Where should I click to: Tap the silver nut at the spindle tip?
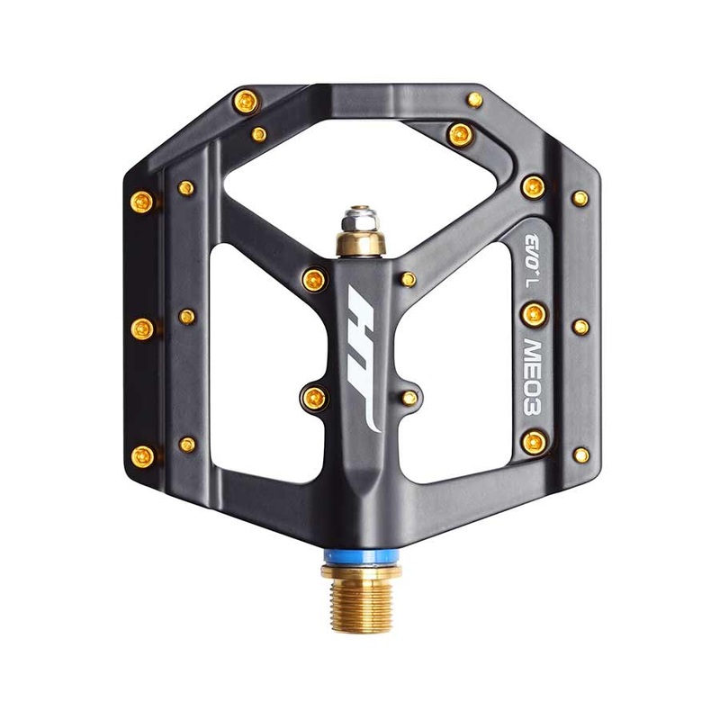359,219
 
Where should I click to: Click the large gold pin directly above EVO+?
533,186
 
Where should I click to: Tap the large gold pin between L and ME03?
534,312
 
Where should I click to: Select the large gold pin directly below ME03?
534,440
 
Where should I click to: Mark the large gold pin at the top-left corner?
245,102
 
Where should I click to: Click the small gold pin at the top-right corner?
474,99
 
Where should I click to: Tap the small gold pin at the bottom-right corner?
581,454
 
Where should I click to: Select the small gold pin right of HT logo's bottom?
409,397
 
